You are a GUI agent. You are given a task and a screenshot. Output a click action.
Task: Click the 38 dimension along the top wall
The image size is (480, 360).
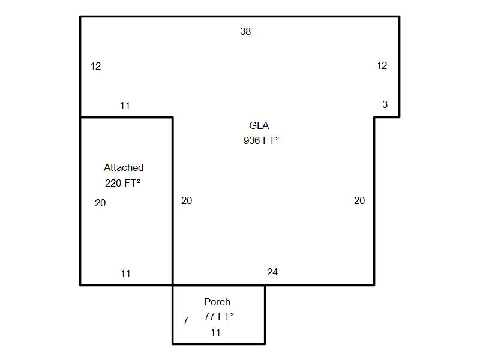click(x=245, y=31)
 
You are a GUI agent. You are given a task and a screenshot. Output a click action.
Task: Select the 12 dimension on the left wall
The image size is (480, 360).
click(x=96, y=66)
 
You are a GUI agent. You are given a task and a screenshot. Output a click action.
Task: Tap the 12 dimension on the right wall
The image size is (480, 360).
click(x=382, y=65)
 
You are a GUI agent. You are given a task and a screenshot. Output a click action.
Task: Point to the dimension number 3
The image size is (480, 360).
click(x=385, y=104)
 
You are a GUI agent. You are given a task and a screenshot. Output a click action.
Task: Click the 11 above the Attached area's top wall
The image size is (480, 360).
click(x=125, y=106)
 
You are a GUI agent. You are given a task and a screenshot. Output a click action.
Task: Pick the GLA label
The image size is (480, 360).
click(x=259, y=125)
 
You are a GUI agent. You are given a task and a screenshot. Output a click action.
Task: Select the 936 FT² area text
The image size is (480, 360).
click(x=261, y=140)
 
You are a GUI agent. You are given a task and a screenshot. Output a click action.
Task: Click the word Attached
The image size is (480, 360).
click(x=124, y=167)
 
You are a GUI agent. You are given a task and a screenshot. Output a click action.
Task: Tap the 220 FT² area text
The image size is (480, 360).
click(x=122, y=183)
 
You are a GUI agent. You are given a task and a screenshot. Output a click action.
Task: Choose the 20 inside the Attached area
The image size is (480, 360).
click(x=100, y=203)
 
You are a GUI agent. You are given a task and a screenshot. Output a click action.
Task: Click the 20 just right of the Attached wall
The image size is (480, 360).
click(x=187, y=200)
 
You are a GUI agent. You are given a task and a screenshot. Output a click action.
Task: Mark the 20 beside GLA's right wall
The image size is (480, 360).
click(x=359, y=200)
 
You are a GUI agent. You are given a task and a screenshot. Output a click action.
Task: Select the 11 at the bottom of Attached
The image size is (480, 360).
click(x=125, y=274)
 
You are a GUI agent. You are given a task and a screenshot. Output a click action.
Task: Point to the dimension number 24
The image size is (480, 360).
click(x=272, y=272)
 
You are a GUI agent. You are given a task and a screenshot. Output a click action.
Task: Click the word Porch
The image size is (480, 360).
click(x=217, y=302)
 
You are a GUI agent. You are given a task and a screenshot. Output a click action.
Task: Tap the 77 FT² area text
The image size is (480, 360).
click(x=219, y=316)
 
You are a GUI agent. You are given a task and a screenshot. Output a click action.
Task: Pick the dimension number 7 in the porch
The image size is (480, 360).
click(x=186, y=320)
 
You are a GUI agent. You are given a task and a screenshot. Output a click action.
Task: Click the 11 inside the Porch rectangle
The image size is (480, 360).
click(x=215, y=332)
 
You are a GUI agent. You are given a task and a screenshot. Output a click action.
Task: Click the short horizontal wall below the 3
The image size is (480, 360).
click(x=387, y=117)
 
